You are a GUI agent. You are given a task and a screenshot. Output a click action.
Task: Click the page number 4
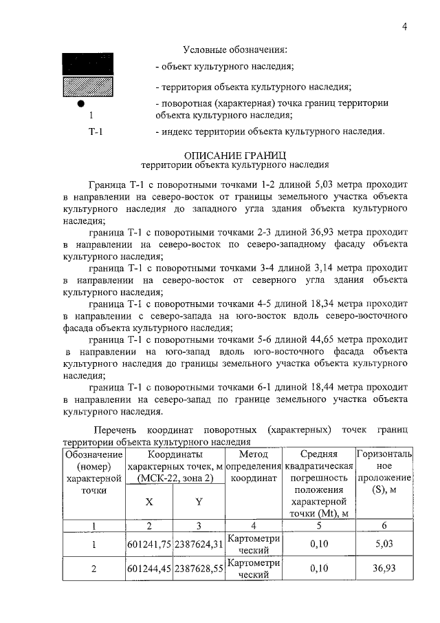406,27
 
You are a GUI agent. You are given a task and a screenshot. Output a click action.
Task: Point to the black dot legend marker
82,103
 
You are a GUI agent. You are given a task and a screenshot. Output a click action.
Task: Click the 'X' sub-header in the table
149,502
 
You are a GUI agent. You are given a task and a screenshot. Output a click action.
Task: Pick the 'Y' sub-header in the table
199,502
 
